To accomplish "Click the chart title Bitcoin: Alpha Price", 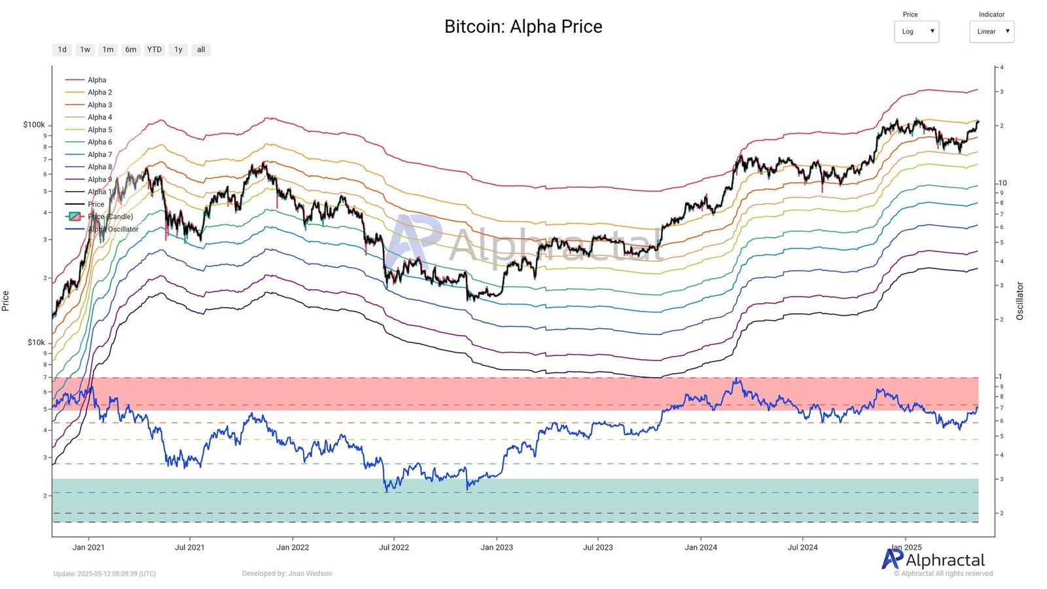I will (523, 27).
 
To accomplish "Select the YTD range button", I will (154, 50).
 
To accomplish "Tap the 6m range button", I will (131, 50).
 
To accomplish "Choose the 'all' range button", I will (201, 50).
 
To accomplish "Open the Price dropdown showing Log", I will (916, 31).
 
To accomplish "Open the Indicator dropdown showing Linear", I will (991, 31).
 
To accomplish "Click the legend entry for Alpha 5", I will (99, 130).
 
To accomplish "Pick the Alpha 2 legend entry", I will (99, 92).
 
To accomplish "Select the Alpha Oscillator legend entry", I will (113, 229).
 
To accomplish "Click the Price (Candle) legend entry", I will (110, 217).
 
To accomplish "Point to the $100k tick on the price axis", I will (34, 124).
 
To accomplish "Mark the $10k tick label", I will (36, 342).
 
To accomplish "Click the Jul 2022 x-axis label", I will (394, 547).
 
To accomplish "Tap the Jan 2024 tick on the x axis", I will (701, 547).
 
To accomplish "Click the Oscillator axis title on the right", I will (1020, 301).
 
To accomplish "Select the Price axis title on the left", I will (6, 301).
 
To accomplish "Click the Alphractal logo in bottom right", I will (933, 560).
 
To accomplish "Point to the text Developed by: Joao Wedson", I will (287, 573).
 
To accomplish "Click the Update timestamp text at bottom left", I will (105, 574).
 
